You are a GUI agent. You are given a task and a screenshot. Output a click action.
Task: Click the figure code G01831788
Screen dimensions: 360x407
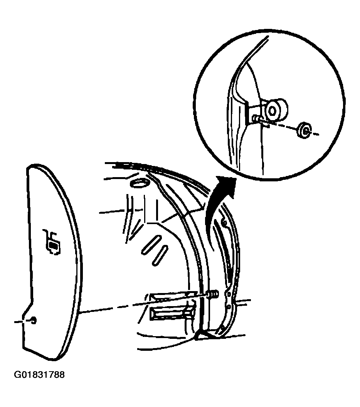pyautogui.click(x=39, y=375)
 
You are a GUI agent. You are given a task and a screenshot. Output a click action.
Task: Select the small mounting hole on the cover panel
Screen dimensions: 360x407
pyautogui.click(x=34, y=320)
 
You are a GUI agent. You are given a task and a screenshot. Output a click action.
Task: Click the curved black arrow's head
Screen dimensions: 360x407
pyautogui.click(x=227, y=185)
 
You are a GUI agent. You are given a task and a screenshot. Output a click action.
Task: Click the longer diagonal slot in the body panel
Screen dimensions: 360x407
pyautogui.click(x=152, y=245)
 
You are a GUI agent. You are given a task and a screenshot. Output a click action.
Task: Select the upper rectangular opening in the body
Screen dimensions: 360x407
pyautogui.click(x=172, y=297)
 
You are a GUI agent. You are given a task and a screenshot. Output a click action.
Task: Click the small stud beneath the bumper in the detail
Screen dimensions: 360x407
pyautogui.click(x=256, y=119)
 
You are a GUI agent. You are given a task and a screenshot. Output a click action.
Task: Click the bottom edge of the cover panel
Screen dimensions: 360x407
pyautogui.click(x=39, y=353)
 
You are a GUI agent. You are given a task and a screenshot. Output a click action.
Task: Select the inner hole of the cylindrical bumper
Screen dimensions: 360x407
pyautogui.click(x=272, y=111)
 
